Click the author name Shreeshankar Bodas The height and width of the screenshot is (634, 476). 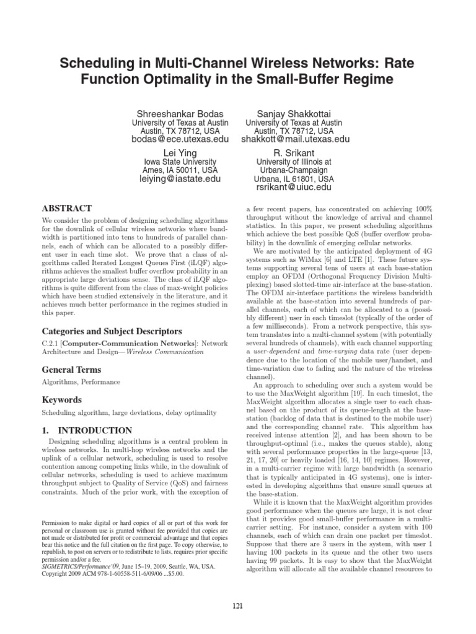coord(180,113)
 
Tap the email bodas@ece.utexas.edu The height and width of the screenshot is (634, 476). coord(180,140)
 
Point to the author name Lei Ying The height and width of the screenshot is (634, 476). coord(180,152)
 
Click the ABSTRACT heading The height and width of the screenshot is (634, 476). coord(66,209)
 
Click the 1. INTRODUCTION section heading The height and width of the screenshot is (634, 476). coord(87,430)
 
